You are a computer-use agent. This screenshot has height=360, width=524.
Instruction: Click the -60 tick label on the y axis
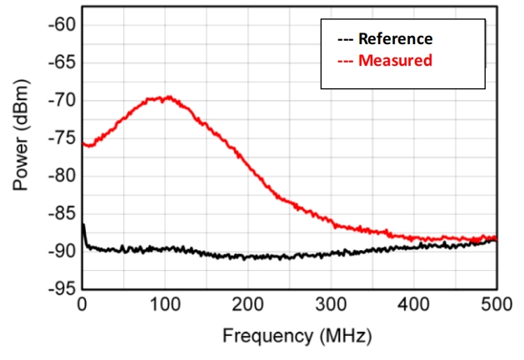62,25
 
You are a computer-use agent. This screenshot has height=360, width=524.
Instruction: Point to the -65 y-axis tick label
62,62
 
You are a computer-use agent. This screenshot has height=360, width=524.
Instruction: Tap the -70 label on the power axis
62,100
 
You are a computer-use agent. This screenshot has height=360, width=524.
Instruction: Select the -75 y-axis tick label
62,137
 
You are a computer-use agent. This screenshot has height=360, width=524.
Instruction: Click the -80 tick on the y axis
62,176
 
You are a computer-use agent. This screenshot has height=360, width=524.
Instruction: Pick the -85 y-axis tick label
62,213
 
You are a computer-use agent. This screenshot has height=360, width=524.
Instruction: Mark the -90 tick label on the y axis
62,251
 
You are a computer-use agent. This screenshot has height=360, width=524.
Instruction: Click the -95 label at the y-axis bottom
62,288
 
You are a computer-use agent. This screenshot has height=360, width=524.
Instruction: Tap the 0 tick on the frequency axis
82,305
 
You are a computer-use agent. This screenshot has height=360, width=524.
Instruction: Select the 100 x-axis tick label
165,305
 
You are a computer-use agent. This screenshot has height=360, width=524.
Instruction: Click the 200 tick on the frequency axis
248,305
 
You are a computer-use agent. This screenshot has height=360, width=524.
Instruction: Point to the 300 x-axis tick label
331,305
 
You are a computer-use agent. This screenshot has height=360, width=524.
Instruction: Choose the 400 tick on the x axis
414,305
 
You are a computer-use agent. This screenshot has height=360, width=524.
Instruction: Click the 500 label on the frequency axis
497,305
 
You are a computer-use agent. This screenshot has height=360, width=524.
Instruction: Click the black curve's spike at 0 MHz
83,225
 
